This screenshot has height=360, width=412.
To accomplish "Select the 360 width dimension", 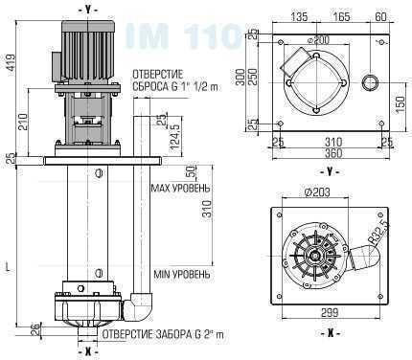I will tap(330, 153).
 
